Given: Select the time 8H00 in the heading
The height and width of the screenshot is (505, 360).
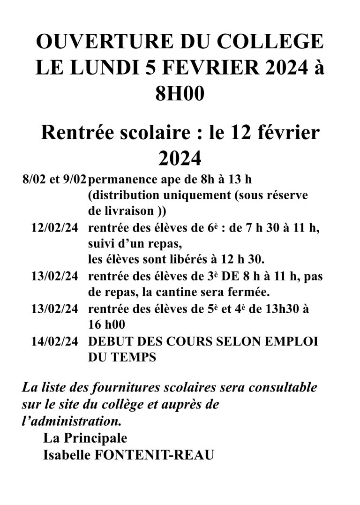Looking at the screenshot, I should tap(180, 94).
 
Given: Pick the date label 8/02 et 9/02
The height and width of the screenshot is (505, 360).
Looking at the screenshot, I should tap(54, 180).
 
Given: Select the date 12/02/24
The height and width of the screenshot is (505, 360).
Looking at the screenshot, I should tap(54, 228).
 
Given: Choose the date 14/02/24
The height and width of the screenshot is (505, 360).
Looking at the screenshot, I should tap(54, 341).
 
